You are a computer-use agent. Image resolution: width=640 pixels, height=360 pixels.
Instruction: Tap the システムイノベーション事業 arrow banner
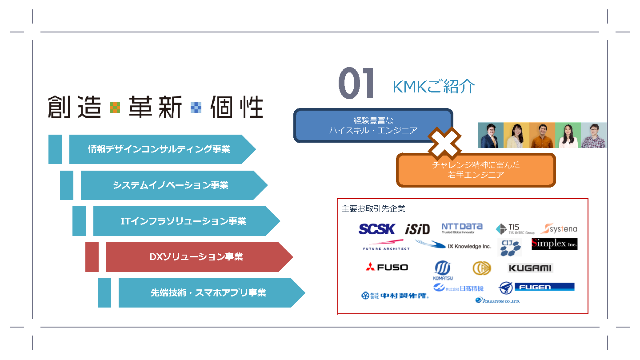click(171, 185)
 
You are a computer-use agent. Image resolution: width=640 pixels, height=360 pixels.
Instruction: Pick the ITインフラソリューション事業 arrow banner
click(183, 221)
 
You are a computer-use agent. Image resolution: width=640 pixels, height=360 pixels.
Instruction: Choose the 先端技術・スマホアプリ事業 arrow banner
click(208, 293)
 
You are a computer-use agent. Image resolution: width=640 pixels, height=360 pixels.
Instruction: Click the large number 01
click(356, 84)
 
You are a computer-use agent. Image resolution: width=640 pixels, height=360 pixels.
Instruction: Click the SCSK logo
click(376, 229)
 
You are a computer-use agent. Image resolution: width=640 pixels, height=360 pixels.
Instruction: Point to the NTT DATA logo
click(462, 228)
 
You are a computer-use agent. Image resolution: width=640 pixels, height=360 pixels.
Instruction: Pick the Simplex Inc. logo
click(554, 244)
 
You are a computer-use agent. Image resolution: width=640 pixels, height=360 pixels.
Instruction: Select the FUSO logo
click(387, 267)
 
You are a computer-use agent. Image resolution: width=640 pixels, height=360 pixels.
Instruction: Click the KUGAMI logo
click(530, 268)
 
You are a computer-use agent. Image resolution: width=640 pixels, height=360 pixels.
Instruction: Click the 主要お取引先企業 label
click(373, 208)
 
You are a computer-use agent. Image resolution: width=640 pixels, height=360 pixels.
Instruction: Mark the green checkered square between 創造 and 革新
click(115, 108)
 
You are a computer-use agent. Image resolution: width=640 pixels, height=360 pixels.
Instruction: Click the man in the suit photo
click(490, 136)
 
